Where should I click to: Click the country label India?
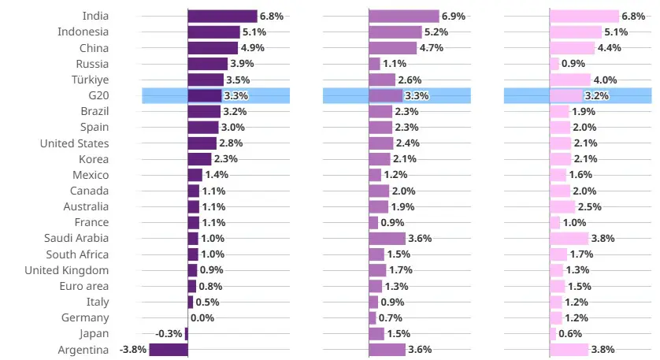point(95,16)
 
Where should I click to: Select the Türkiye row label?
point(90,80)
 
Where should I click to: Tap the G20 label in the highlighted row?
point(99,95)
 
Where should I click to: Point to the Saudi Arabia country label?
point(76,238)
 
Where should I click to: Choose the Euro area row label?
point(84,286)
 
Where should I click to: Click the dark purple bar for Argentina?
point(169,350)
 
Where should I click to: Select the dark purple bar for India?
point(222,16)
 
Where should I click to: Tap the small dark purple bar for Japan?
point(187,334)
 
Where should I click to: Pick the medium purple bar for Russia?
point(374,64)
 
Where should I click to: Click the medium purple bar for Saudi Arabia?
point(387,239)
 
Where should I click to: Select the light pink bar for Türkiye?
point(570,80)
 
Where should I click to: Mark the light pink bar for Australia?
point(562,206)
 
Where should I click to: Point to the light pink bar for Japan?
point(553,334)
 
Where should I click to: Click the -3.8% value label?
point(133,350)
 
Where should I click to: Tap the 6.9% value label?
point(454,17)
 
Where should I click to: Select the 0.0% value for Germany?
point(202,318)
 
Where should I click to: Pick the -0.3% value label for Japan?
point(169,334)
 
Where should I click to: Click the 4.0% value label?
point(606,80)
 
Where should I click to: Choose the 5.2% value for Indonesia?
point(436,32)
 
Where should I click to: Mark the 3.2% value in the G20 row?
point(597,95)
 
